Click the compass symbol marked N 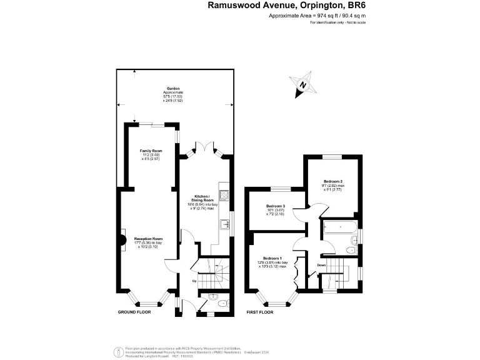303,86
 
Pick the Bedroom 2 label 332,181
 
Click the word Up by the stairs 194,281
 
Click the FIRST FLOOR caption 261,311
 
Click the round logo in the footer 117,351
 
